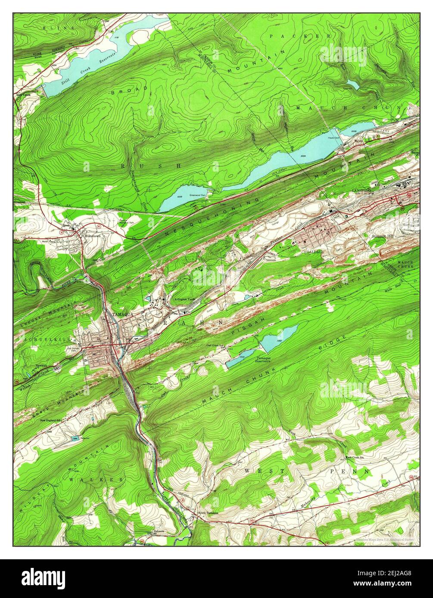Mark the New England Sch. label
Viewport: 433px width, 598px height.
[x=52, y=420]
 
